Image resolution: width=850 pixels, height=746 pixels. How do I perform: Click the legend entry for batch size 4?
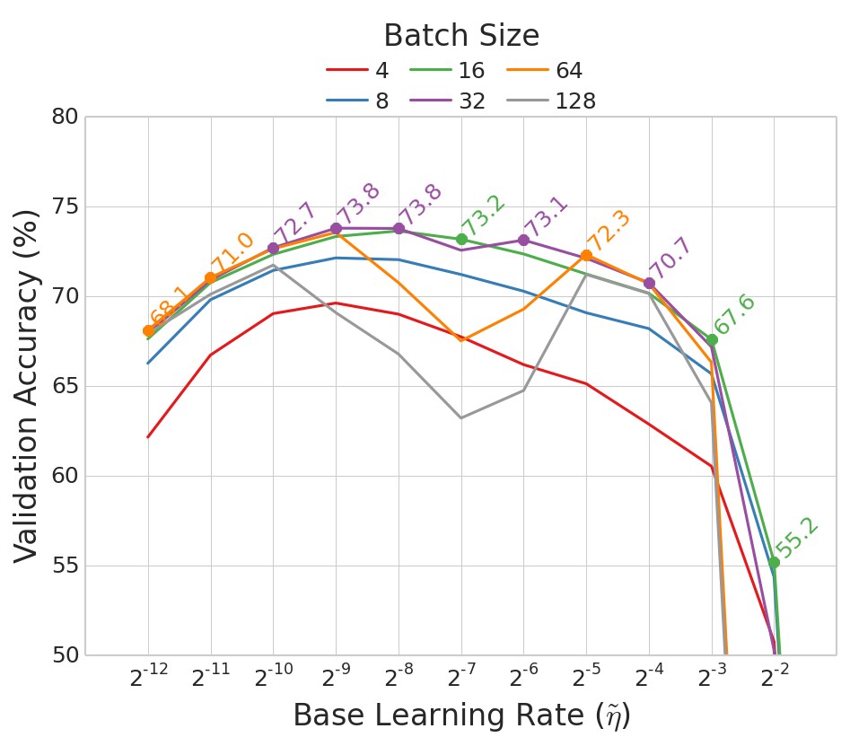point(364,71)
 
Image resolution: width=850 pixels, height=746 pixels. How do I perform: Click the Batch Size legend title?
point(461,36)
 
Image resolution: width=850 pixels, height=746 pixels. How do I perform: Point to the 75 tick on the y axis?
point(65,206)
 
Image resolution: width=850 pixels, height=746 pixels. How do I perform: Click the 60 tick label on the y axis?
point(65,476)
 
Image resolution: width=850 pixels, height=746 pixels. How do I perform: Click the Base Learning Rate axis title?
point(461,716)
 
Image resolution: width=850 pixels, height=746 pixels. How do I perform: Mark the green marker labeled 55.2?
point(774,562)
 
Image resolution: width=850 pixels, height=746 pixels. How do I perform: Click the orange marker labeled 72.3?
point(586,255)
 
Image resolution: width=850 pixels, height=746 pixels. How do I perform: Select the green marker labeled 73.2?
point(461,239)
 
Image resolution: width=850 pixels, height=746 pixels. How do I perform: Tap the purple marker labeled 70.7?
point(649,283)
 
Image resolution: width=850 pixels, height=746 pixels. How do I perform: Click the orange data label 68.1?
point(170,306)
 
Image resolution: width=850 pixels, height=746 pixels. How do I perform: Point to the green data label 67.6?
point(735,314)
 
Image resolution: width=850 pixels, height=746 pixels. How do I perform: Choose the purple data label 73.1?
point(547,215)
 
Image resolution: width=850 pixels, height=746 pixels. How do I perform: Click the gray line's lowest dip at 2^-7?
point(461,417)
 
